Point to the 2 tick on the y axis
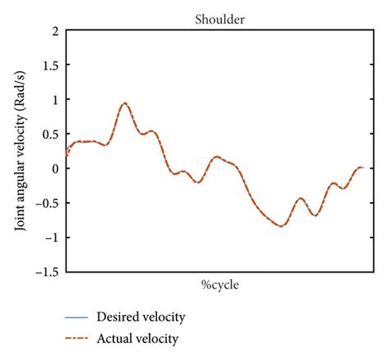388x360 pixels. coord(54,31)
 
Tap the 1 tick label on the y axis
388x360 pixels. coord(54,100)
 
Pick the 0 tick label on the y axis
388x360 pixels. coord(54,169)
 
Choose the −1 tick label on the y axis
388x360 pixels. coord(51,237)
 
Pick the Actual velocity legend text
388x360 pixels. coord(137,337)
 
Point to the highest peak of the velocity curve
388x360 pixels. coord(124,103)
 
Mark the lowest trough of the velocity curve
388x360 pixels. coord(282,226)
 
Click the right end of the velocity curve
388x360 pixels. coord(363,167)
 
